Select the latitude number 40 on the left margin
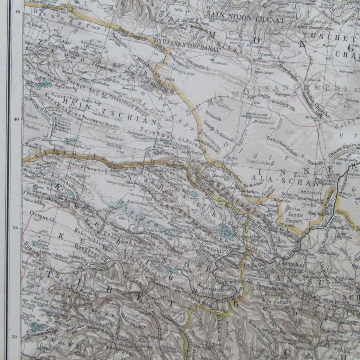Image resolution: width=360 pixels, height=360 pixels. point(15,119)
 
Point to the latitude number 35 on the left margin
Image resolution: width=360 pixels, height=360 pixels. point(15,227)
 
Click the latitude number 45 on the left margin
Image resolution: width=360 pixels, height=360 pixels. point(15,12)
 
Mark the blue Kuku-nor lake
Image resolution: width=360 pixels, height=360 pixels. point(225,232)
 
